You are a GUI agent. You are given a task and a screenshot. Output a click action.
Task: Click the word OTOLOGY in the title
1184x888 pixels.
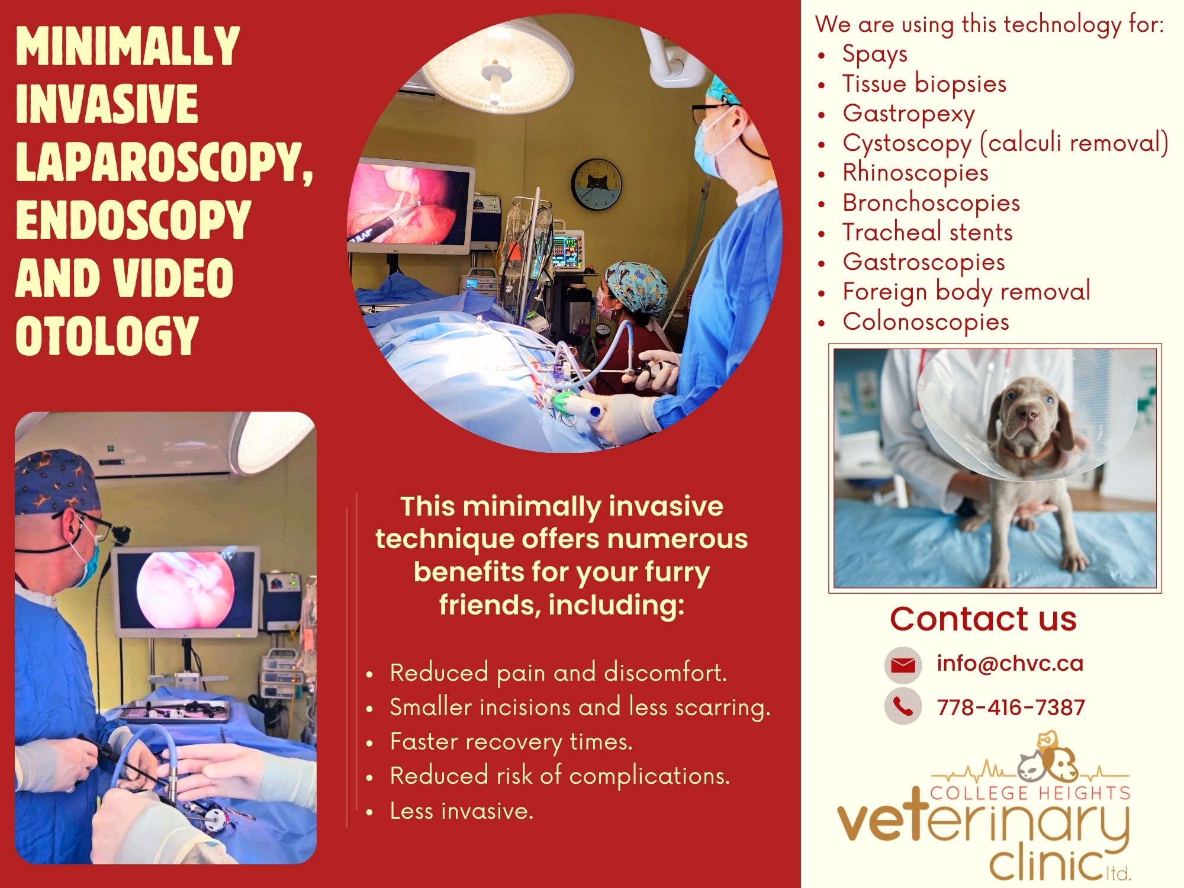coord(107,335)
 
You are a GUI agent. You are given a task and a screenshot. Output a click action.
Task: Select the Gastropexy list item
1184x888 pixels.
coord(909,114)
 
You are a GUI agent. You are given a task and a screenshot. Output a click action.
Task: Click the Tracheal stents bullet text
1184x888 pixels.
coord(928,232)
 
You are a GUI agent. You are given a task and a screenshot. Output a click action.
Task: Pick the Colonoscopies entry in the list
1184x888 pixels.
coord(926,321)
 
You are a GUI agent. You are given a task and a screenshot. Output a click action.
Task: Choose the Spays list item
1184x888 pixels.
coord(875,54)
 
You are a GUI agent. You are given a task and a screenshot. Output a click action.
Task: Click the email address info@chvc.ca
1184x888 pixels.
coord(1010,664)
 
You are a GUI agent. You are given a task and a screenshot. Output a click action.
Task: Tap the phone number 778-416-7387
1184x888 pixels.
coord(1011,707)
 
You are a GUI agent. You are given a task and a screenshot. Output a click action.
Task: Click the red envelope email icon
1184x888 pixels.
coord(903,665)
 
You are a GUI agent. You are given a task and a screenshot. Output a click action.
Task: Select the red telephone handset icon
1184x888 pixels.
coord(903,706)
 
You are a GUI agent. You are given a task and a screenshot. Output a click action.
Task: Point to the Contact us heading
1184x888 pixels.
coord(983,619)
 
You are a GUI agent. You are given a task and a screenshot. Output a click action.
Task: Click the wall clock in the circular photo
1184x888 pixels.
coord(597,184)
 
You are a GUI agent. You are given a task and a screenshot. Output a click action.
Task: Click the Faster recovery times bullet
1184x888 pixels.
coord(511,742)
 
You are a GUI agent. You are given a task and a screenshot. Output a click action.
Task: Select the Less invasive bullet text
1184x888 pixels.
coord(462,811)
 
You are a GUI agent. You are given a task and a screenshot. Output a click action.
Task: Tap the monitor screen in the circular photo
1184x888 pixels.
coord(408,205)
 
